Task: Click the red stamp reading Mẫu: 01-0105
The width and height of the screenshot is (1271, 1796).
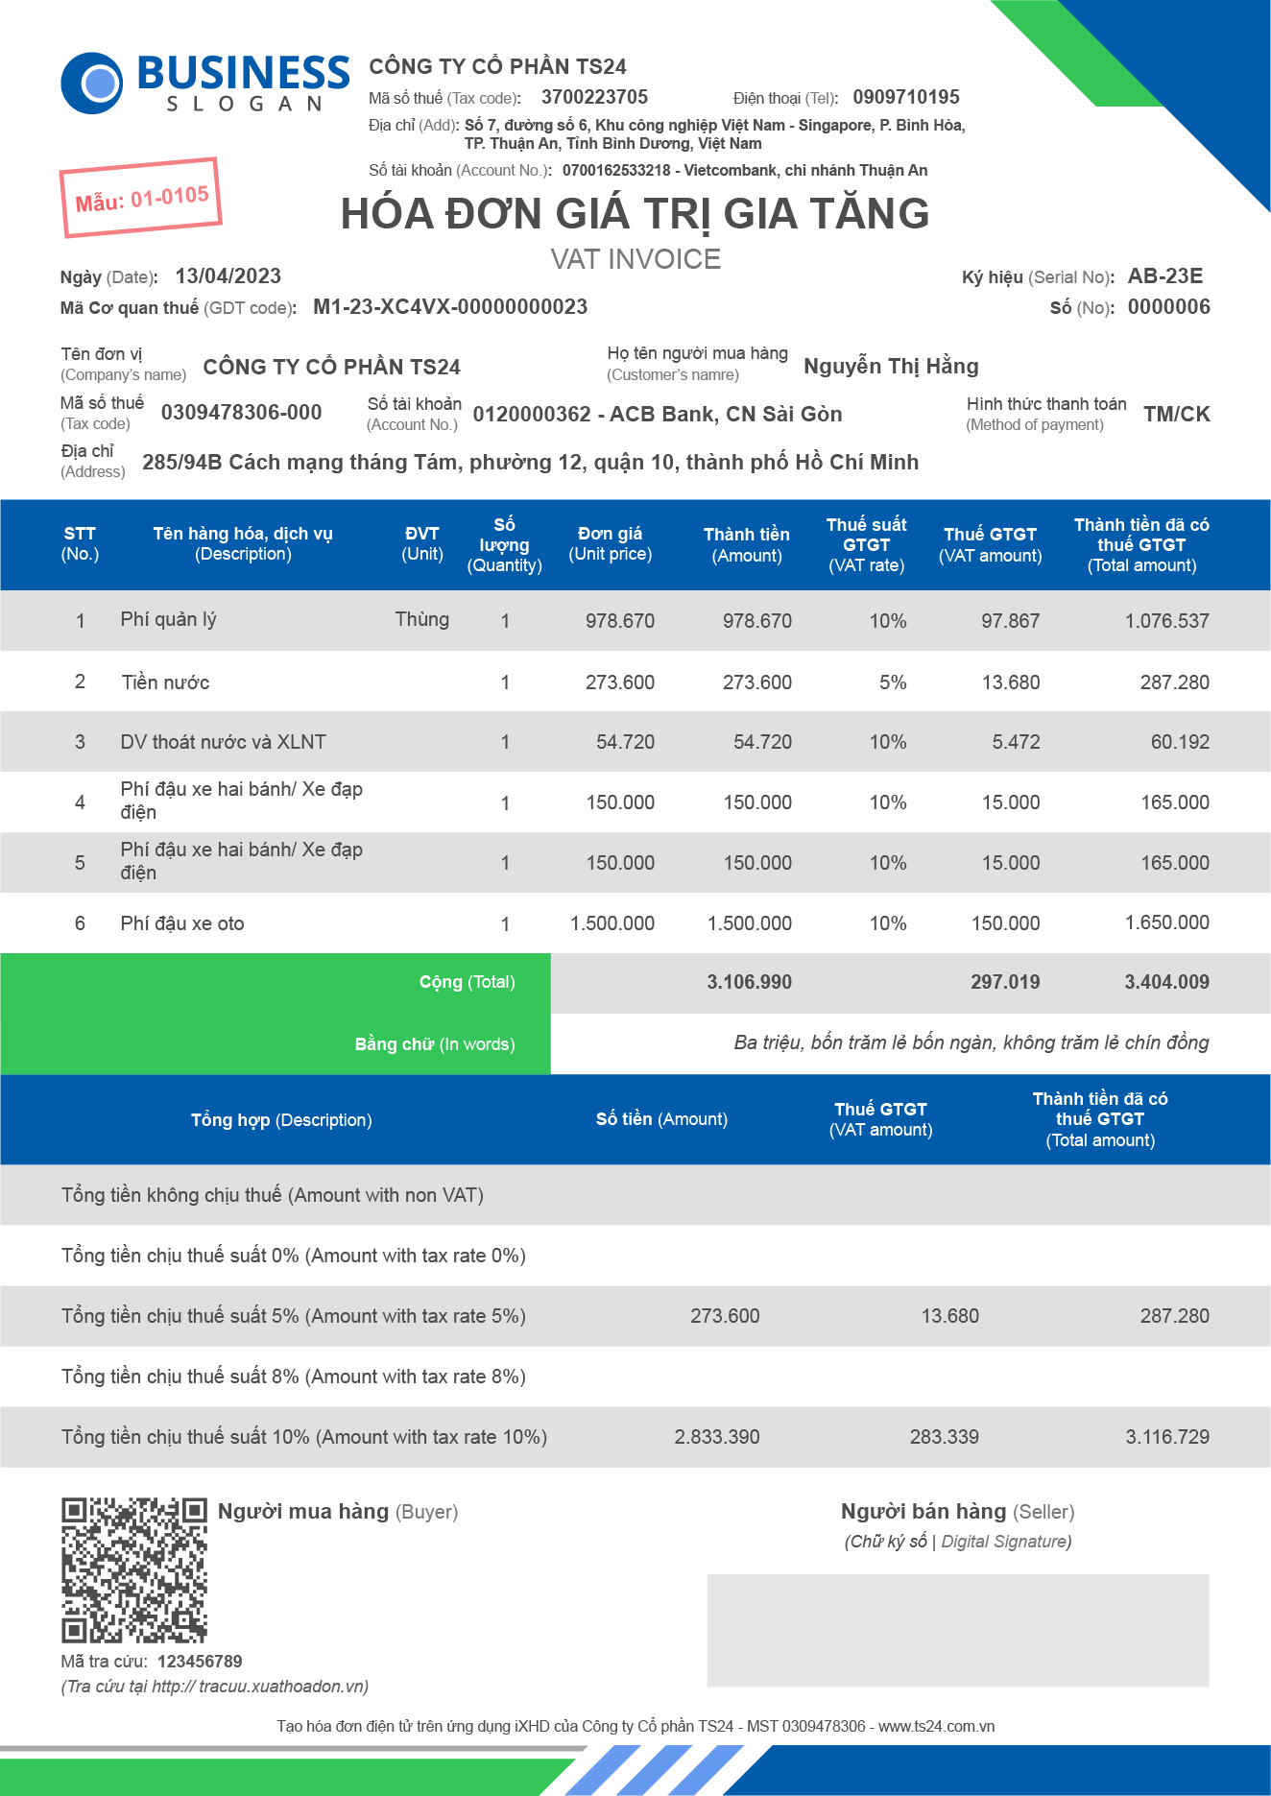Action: tap(141, 198)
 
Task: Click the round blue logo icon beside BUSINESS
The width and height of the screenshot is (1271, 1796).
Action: tap(92, 83)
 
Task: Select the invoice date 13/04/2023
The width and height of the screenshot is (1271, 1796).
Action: tap(228, 276)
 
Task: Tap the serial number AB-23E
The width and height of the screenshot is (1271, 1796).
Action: tap(1164, 276)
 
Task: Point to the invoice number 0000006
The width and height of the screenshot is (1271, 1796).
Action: tap(1168, 307)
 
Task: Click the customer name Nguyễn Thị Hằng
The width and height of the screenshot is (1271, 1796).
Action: tap(891, 366)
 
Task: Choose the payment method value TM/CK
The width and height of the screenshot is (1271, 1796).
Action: tap(1176, 414)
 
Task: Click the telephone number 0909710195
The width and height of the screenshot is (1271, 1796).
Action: tap(905, 97)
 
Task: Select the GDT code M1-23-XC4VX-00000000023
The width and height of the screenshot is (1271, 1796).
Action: tap(450, 307)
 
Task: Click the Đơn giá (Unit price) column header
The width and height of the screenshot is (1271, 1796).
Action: tap(610, 543)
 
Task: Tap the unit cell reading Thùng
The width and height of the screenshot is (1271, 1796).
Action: tap(421, 619)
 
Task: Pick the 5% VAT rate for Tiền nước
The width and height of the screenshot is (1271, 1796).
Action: tap(893, 682)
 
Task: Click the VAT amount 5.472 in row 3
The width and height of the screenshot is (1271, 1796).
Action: tap(1016, 742)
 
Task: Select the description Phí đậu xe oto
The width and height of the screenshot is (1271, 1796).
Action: tap(182, 923)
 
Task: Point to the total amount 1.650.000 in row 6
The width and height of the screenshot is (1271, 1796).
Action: tap(1166, 922)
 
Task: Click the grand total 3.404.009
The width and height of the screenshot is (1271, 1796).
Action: tap(1166, 982)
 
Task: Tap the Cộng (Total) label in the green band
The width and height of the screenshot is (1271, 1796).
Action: tap(467, 982)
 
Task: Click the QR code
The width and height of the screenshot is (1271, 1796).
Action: tap(134, 1570)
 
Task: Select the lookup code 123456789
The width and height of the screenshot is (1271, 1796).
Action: tap(200, 1662)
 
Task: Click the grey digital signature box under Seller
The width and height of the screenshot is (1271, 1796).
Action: tap(957, 1630)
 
